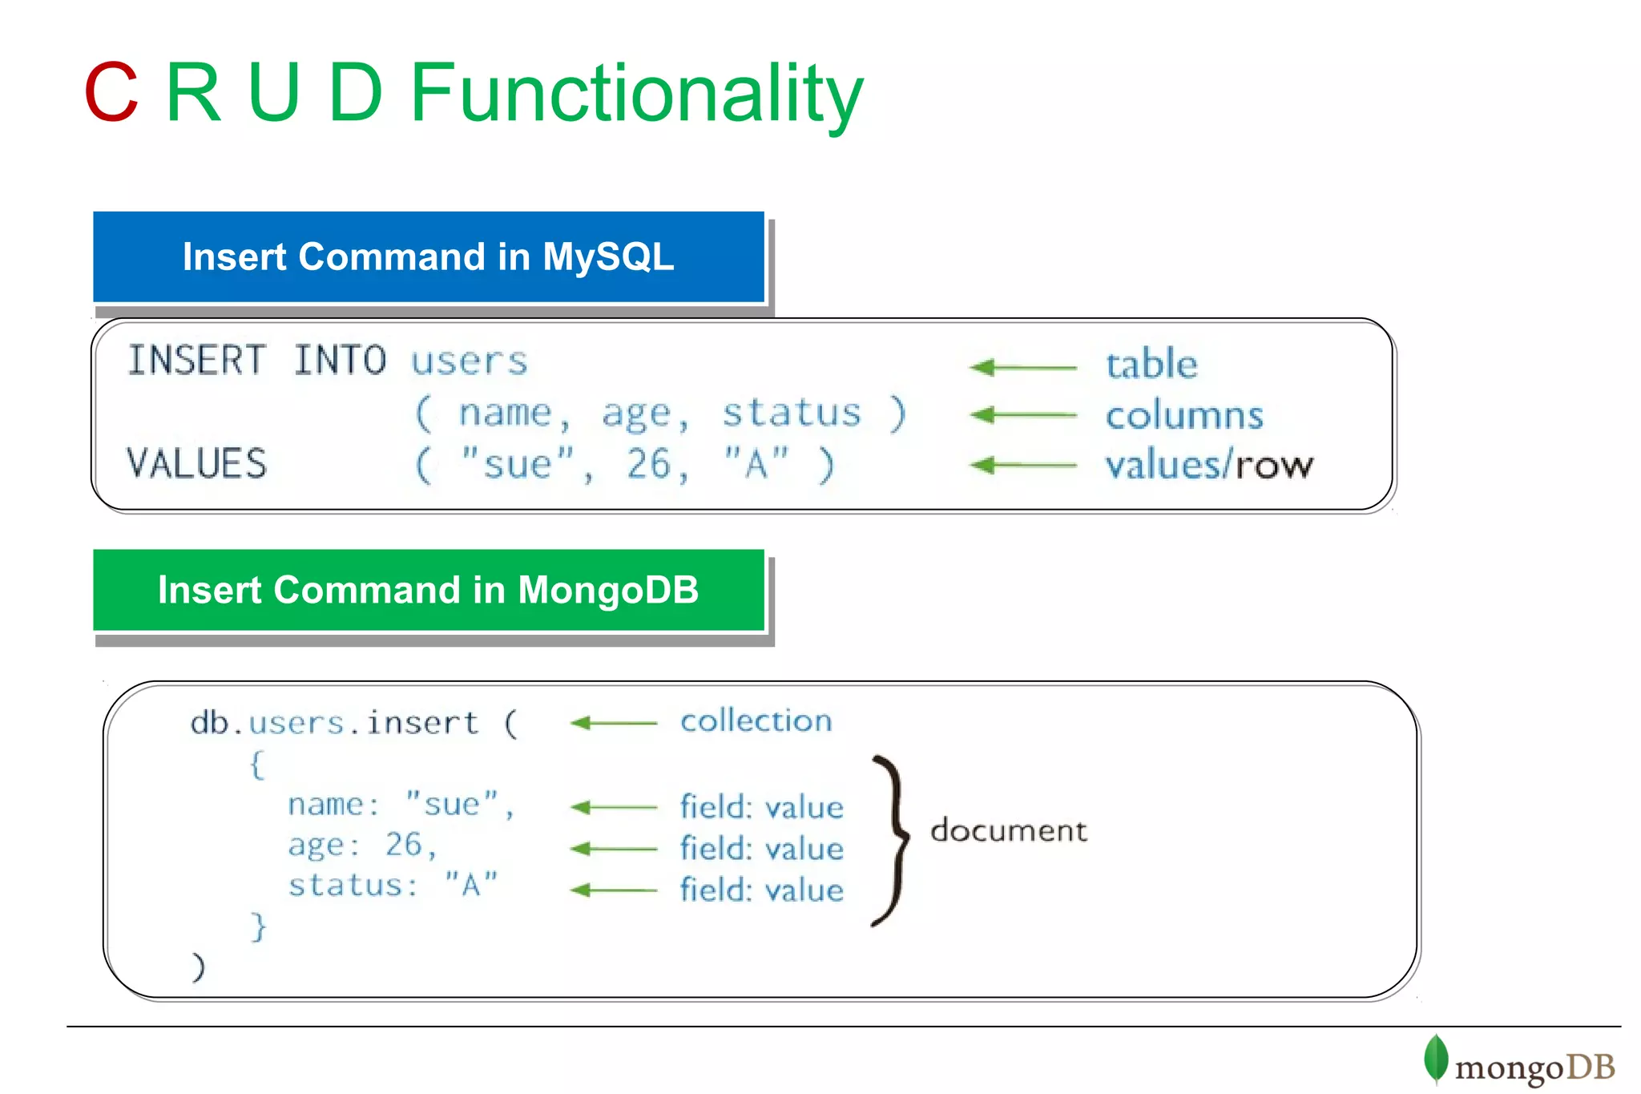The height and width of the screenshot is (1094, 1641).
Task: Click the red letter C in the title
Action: pyautogui.click(x=111, y=93)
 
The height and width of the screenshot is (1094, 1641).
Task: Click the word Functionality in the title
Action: pyautogui.click(x=636, y=95)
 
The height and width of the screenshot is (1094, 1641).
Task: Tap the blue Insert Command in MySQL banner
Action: pyautogui.click(x=429, y=257)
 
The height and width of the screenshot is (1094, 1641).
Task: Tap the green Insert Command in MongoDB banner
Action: pyautogui.click(x=429, y=591)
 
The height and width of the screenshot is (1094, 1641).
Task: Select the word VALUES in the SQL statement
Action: pyautogui.click(x=197, y=464)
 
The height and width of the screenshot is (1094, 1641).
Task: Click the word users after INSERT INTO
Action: pyautogui.click(x=470, y=361)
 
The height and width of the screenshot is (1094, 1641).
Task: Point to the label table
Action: pyautogui.click(x=1151, y=365)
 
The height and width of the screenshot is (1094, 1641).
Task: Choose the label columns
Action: pyautogui.click(x=1184, y=416)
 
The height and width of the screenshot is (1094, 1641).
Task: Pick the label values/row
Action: pyautogui.click(x=1209, y=466)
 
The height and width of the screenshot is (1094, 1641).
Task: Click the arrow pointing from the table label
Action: pyautogui.click(x=1023, y=368)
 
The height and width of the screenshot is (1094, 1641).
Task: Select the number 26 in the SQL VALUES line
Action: pyautogui.click(x=649, y=464)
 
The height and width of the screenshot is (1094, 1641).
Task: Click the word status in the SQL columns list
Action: pyautogui.click(x=792, y=413)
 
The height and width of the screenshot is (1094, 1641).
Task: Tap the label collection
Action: pyautogui.click(x=756, y=721)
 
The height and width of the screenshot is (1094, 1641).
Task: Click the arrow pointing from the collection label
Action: pyautogui.click(x=614, y=723)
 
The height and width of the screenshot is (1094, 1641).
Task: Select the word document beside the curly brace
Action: pyautogui.click(x=1009, y=830)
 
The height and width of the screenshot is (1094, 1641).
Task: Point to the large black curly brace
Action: pyautogui.click(x=893, y=839)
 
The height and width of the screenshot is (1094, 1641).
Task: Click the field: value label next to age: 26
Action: pyautogui.click(x=761, y=849)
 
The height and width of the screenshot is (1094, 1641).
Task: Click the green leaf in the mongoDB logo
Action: pyautogui.click(x=1435, y=1059)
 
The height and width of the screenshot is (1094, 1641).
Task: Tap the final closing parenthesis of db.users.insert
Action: pyautogui.click(x=198, y=967)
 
